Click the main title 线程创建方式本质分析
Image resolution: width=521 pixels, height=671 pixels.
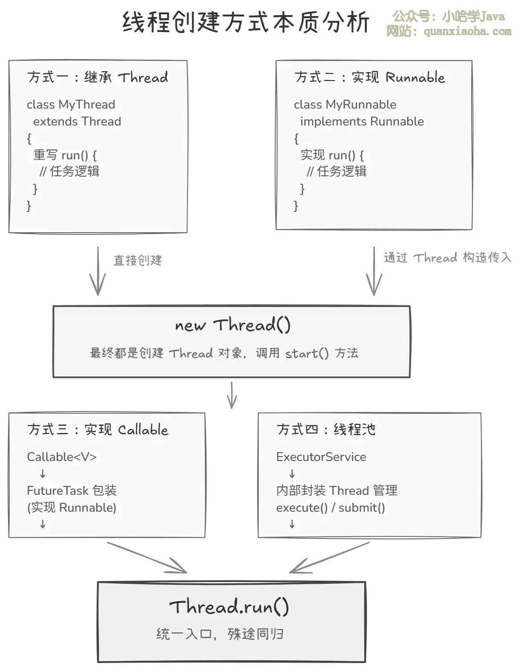pyautogui.click(x=246, y=22)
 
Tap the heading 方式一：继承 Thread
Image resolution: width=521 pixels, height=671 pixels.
pyautogui.click(x=98, y=77)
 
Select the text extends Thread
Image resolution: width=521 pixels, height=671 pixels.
pyautogui.click(x=77, y=121)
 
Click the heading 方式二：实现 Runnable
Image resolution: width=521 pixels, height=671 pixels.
pyautogui.click(x=369, y=77)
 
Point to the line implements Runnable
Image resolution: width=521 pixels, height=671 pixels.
pyautogui.click(x=362, y=121)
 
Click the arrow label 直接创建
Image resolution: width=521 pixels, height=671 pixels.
pyautogui.click(x=138, y=260)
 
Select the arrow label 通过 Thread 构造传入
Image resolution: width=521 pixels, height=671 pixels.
pyautogui.click(x=447, y=258)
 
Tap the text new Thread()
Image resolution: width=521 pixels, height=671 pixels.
pyautogui.click(x=232, y=325)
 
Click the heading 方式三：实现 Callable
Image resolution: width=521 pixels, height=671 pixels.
pyautogui.click(x=98, y=429)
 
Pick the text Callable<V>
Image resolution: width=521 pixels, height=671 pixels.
pyautogui.click(x=61, y=457)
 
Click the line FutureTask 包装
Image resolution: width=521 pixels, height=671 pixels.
pyautogui.click(x=72, y=490)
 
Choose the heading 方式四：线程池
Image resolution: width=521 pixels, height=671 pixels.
pyautogui.click(x=326, y=429)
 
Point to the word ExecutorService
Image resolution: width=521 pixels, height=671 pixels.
pyautogui.click(x=321, y=457)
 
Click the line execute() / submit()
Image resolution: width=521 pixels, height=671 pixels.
pyautogui.click(x=330, y=508)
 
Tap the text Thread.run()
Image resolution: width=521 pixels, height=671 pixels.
pyautogui.click(x=229, y=607)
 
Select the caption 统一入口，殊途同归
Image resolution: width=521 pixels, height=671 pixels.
pyautogui.click(x=220, y=634)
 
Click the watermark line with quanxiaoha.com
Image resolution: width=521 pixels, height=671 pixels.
pyautogui.click(x=449, y=32)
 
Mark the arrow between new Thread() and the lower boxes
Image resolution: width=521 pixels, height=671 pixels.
pyautogui.click(x=232, y=395)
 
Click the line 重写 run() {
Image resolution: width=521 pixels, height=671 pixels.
pyautogui.click(x=65, y=155)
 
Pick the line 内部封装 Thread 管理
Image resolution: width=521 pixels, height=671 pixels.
pyautogui.click(x=337, y=490)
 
